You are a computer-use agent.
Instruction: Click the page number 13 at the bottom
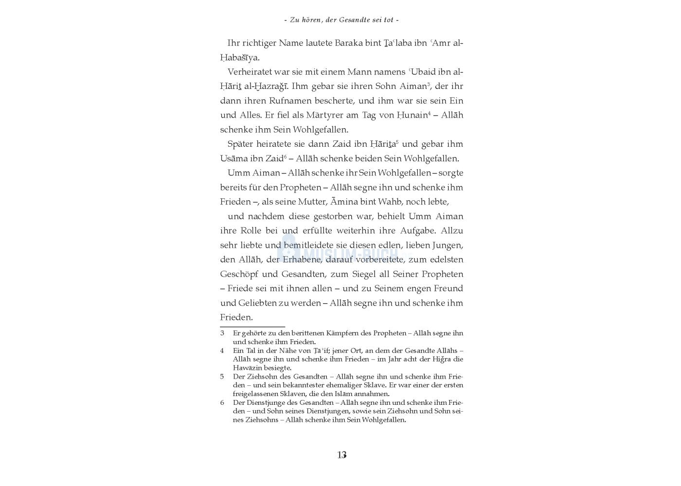click(x=341, y=455)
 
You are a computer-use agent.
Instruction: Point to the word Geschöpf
click(x=239, y=274)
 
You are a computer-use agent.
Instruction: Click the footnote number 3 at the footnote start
click(x=222, y=333)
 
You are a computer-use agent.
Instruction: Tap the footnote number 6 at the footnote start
click(x=222, y=403)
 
